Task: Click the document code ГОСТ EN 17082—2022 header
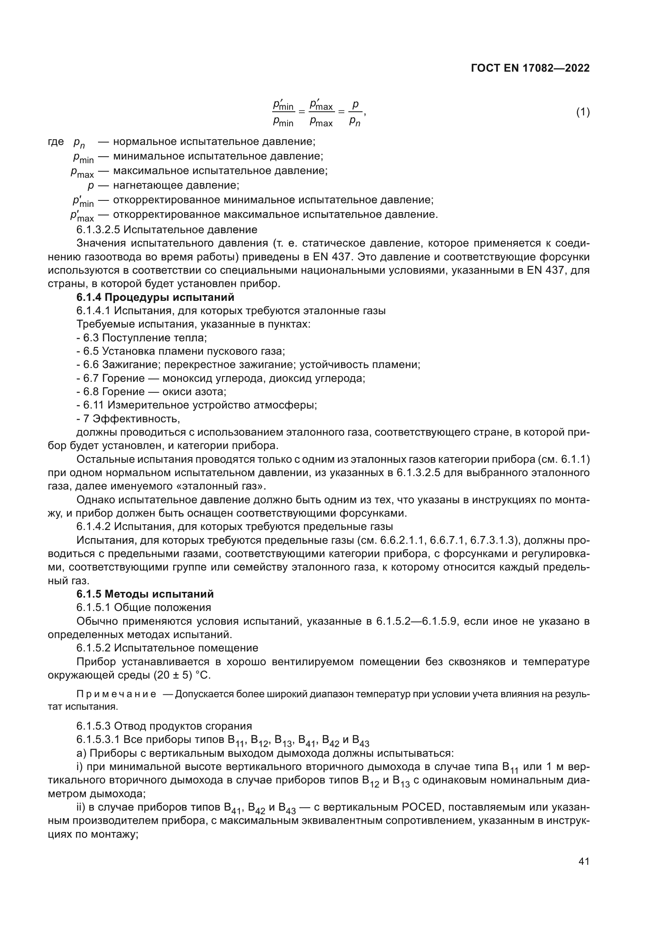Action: (x=530, y=68)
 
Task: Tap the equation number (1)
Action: (x=583, y=112)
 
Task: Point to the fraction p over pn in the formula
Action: (x=355, y=113)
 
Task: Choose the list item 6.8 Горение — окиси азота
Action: (x=152, y=392)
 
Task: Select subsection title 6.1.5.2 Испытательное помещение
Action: (x=167, y=648)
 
